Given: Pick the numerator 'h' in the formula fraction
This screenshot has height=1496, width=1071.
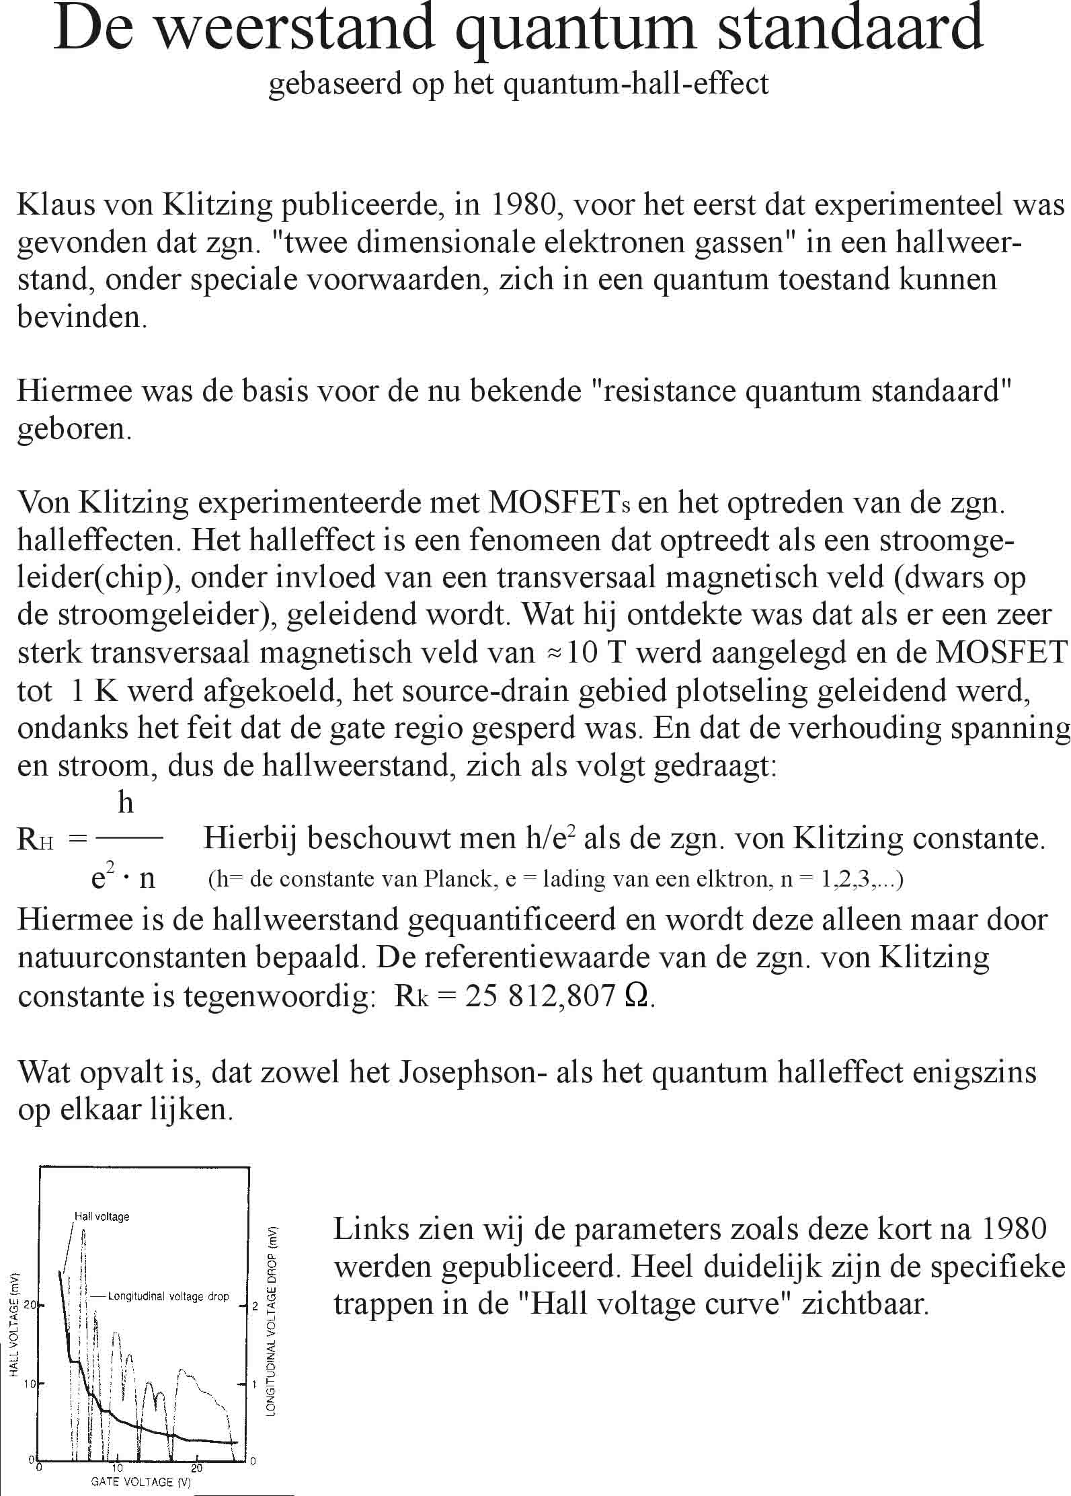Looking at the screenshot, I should pos(126,803).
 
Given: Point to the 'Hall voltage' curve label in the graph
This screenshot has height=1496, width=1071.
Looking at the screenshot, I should pos(102,1216).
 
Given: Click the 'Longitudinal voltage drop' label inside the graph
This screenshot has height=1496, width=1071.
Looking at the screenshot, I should pos(168,1296).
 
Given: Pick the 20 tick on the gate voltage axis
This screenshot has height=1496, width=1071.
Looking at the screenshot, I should pos(197,1466).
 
